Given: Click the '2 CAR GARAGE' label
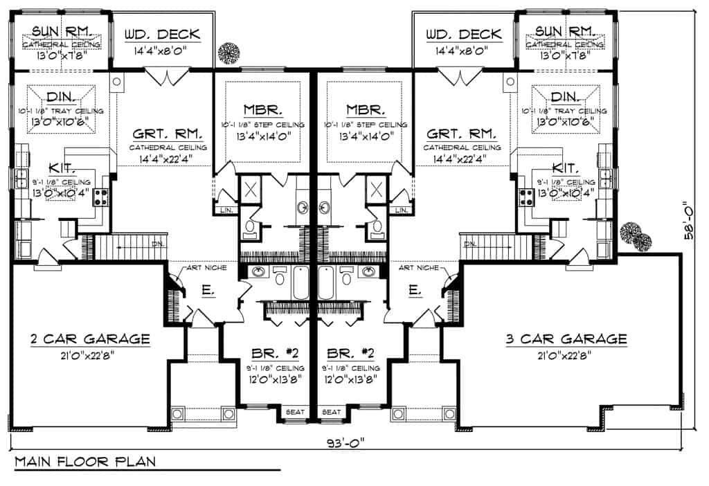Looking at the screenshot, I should point(90,339).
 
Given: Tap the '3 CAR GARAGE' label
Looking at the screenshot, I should point(566,339).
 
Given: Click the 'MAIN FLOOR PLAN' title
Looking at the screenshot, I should point(84,461).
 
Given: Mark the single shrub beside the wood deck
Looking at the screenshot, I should point(226,53).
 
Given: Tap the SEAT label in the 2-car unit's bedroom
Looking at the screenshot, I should point(295,412).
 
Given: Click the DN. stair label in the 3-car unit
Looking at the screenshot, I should point(471,243).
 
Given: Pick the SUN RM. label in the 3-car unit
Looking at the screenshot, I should point(568,30).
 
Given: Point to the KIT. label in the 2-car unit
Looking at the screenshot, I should point(63,168).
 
